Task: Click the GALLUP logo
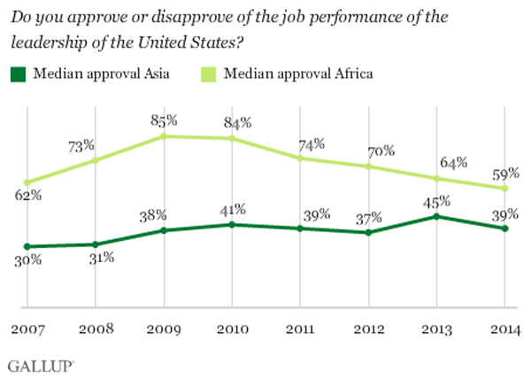point(41,364)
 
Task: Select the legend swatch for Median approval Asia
point(17,73)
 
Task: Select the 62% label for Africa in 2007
point(28,195)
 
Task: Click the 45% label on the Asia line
point(437,199)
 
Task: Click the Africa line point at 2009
point(164,136)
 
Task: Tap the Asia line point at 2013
point(436,216)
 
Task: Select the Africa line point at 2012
point(368,166)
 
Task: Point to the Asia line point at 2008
point(96,244)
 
